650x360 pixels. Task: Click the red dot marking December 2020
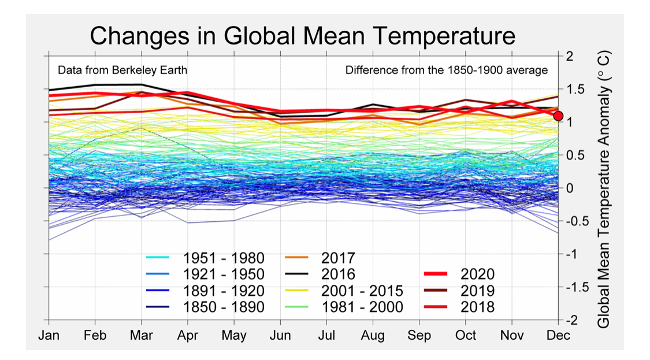(558, 116)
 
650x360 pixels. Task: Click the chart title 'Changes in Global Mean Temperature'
(302, 36)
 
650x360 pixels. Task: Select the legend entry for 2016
(321, 274)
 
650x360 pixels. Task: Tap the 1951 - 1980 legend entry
(206, 258)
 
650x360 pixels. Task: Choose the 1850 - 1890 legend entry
(206, 306)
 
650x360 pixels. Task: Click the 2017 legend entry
(321, 258)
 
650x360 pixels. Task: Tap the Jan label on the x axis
(49, 336)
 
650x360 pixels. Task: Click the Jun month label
(281, 336)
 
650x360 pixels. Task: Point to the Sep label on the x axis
(419, 336)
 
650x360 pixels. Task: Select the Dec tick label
(558, 336)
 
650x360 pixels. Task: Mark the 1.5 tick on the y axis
(574, 89)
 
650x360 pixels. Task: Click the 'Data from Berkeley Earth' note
(122, 70)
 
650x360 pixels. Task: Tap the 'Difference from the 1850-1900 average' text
(446, 70)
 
